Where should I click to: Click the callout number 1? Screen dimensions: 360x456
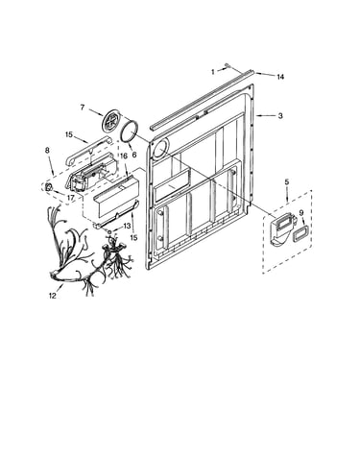213,72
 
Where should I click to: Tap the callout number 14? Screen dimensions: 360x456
280,77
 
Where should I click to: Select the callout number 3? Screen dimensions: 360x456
280,115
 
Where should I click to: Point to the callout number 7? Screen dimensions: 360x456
83,108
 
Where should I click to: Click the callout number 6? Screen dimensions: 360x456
134,155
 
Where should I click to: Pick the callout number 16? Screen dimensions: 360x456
124,156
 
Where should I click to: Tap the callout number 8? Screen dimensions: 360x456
47,151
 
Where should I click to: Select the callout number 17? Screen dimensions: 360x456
71,198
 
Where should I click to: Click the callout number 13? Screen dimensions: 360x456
127,226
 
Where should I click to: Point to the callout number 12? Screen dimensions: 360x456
53,296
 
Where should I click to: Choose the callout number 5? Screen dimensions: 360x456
287,181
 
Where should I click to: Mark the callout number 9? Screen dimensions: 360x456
301,213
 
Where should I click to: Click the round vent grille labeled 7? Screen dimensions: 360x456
112,121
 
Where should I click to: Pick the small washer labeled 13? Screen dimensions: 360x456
109,231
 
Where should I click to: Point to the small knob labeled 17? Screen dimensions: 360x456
48,187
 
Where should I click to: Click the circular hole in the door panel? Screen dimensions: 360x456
160,150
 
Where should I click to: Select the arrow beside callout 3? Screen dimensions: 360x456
266,115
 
